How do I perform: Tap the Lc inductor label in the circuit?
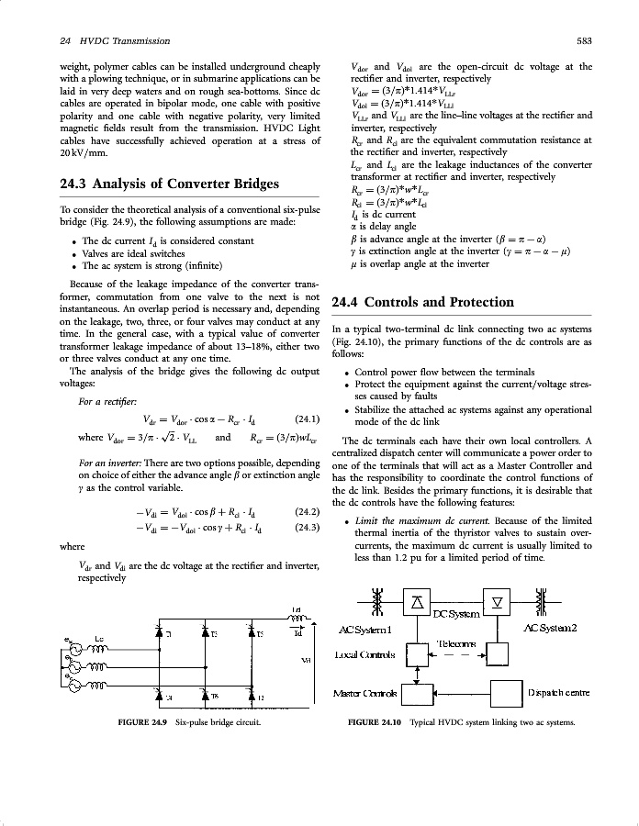[100, 636]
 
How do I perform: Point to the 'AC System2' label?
[549, 628]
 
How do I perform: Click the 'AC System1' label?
[365, 629]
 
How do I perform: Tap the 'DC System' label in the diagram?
[455, 612]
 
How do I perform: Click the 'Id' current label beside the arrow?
[297, 632]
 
